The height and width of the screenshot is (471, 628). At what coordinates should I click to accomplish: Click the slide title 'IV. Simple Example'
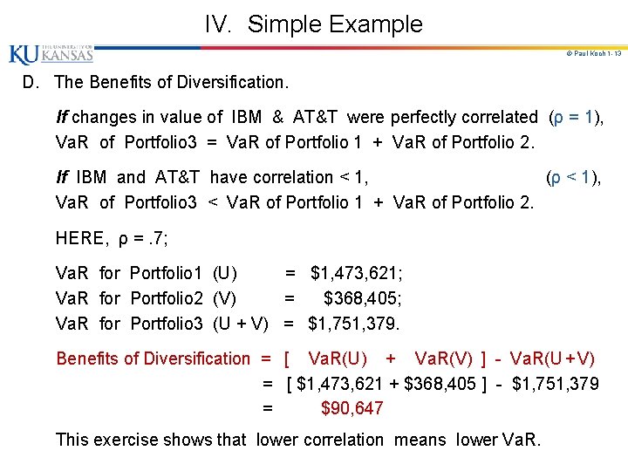pos(313,24)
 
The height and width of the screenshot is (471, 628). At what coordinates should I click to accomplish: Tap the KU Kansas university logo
pos(51,54)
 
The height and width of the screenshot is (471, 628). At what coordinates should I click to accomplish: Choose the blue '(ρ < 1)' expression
pos(573,178)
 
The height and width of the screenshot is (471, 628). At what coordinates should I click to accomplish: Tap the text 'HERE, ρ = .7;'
pos(112,237)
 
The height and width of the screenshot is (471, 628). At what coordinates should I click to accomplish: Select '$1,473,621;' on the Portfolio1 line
pos(357,274)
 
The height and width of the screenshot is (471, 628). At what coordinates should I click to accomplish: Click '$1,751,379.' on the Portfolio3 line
pos(354,324)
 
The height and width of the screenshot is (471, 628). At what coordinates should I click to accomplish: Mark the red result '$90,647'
pos(352,408)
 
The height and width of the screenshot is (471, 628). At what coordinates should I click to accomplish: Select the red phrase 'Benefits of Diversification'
pos(153,358)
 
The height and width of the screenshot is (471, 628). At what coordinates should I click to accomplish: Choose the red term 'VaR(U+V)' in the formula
pos(554,358)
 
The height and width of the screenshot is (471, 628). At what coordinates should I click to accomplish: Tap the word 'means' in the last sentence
pos(420,440)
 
